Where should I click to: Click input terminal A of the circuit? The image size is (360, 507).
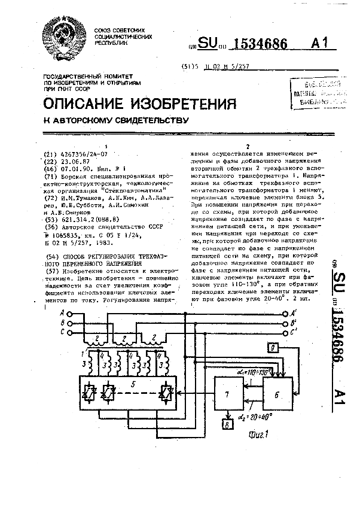(70, 312)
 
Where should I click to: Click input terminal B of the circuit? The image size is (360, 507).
(70, 322)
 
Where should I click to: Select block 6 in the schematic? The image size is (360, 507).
(276, 395)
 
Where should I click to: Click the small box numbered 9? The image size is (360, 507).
(272, 348)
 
